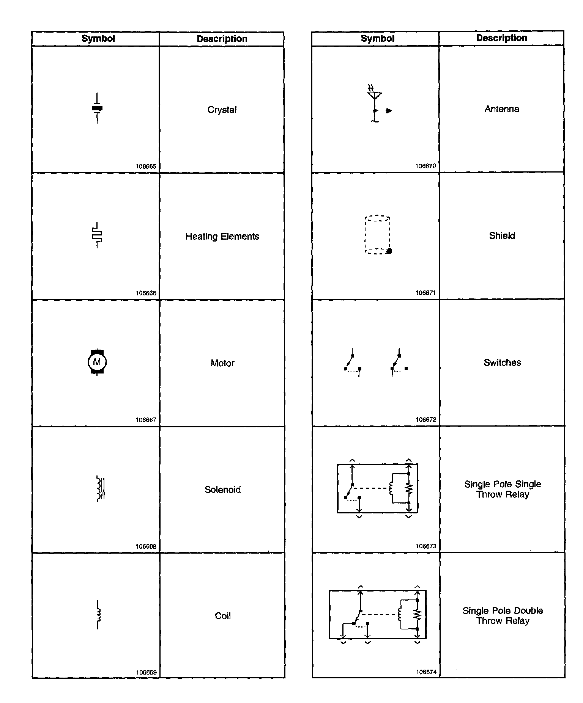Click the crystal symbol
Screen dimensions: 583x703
[x=97, y=108]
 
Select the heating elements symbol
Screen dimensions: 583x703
[x=97, y=235]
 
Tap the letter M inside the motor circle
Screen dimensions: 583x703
[x=97, y=362]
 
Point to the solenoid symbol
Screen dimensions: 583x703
[x=100, y=489]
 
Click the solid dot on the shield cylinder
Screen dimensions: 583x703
[x=389, y=251]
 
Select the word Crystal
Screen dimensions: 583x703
[x=222, y=110]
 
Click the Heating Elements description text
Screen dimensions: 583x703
[x=222, y=237]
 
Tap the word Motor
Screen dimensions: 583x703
[x=222, y=363]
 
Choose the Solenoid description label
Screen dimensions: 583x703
[x=222, y=490]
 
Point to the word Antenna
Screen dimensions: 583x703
[x=502, y=109]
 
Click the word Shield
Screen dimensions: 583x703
[x=502, y=236]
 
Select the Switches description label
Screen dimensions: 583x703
[x=502, y=362]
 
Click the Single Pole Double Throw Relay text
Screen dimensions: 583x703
[x=503, y=616]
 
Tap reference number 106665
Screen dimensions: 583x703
[x=146, y=166]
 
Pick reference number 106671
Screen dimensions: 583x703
[x=426, y=293]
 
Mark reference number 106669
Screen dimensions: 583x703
[x=146, y=672]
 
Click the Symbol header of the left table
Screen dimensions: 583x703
[x=98, y=39]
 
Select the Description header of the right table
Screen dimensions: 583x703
[x=501, y=38]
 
